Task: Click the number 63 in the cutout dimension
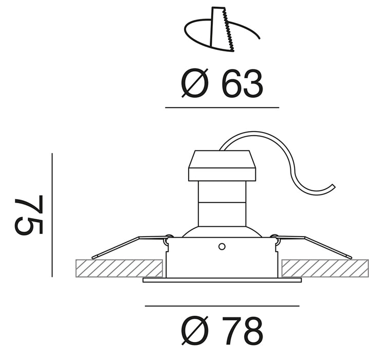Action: point(243,84)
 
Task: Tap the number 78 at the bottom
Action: point(243,331)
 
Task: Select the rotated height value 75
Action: point(29,214)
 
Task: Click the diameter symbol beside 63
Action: point(195,83)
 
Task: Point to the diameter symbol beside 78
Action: point(195,331)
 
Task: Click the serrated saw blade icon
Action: point(223,29)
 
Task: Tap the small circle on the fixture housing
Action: point(222,247)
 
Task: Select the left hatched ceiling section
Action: point(119,268)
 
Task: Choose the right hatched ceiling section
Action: point(325,268)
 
